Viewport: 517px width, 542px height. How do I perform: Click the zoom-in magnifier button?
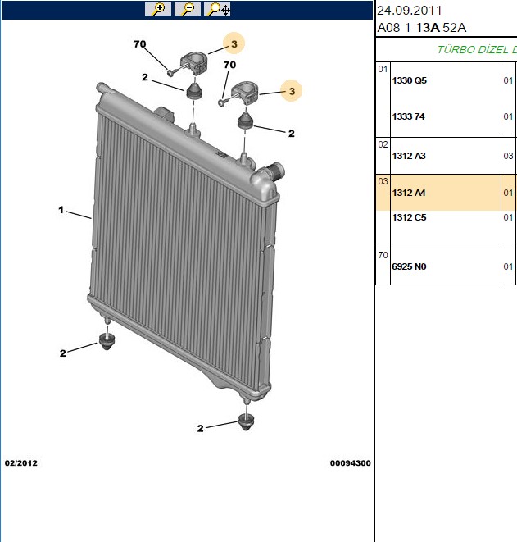tap(158, 9)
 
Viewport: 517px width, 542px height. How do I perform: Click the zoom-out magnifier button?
tap(188, 9)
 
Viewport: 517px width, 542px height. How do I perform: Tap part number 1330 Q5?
tap(409, 80)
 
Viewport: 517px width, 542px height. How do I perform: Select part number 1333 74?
tap(408, 116)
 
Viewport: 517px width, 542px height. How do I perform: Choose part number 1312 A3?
tap(409, 156)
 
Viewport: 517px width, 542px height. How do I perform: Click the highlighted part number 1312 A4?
tap(409, 193)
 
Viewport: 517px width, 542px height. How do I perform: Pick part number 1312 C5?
tap(409, 217)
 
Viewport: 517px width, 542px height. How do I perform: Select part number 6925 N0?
tap(409, 266)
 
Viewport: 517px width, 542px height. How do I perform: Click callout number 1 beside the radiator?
tap(61, 210)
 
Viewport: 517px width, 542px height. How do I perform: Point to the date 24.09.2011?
tap(409, 11)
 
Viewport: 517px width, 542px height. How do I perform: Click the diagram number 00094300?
tap(350, 463)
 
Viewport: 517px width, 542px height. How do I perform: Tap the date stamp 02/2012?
tap(21, 463)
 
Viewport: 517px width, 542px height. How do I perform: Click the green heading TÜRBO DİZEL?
tap(473, 50)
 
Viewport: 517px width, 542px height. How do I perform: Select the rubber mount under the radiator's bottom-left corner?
tap(107, 341)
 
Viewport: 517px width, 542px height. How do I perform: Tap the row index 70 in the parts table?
tap(383, 255)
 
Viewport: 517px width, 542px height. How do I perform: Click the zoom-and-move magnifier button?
tap(217, 9)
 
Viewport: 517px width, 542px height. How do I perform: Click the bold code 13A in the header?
tap(428, 28)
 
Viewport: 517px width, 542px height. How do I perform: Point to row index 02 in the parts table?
tap(383, 144)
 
